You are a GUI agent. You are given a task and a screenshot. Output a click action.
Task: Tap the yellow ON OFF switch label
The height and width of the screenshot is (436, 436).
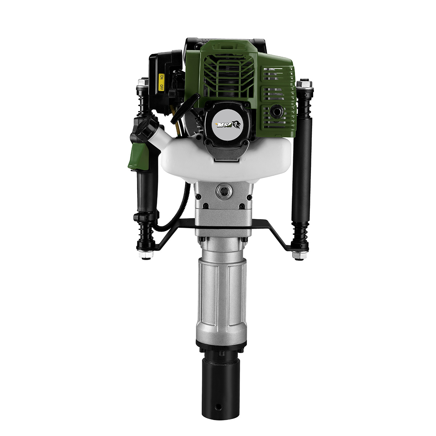pyautogui.click(x=161, y=82)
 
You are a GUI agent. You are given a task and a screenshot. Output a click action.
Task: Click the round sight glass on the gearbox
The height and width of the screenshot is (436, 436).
pyautogui.click(x=224, y=191)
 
